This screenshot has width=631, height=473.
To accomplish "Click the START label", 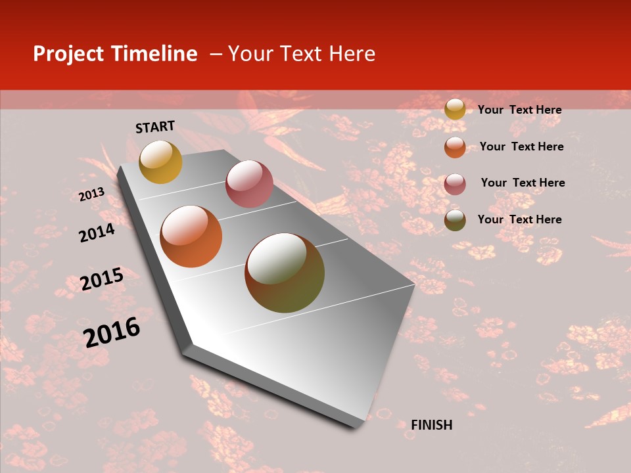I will (x=155, y=127).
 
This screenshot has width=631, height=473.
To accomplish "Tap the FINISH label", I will (x=432, y=425).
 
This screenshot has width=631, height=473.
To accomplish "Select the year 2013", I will (x=91, y=194).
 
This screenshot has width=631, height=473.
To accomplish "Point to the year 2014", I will (x=97, y=233).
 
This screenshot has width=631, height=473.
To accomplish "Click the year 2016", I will (x=112, y=332).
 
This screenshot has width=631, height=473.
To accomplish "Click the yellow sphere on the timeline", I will (x=160, y=162).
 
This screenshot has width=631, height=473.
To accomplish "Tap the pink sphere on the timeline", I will (x=249, y=184).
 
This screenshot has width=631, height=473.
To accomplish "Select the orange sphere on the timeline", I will (x=191, y=236).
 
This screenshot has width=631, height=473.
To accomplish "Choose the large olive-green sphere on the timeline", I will (x=285, y=273).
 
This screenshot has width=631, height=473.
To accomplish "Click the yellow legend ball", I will (x=455, y=109).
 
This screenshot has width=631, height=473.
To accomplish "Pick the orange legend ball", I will (x=455, y=147).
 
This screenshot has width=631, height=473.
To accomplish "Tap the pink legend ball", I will (x=455, y=184).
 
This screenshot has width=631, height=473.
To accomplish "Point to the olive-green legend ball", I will (x=455, y=220).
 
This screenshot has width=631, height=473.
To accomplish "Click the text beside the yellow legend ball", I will (x=519, y=110).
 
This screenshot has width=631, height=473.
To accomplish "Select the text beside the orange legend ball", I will (x=521, y=146).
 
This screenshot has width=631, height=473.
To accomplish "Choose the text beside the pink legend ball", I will (x=523, y=183).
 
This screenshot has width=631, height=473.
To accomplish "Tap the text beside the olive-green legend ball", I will (x=519, y=219).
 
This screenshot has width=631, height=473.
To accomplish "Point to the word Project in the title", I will (x=68, y=54).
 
